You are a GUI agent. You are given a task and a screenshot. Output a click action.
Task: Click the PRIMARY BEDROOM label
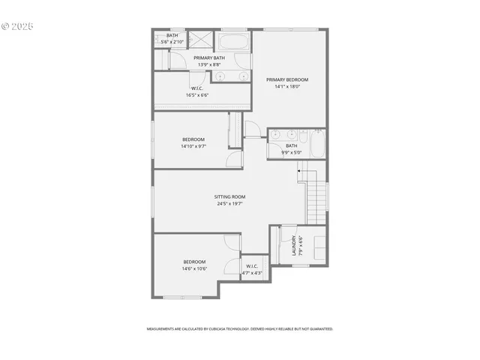(x=287, y=79)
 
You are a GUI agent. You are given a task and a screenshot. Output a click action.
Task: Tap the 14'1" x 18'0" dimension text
(x=287, y=87)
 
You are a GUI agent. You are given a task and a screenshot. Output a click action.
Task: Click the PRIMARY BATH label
(x=209, y=58)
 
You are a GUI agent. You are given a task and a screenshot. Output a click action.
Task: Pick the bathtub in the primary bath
(x=233, y=40)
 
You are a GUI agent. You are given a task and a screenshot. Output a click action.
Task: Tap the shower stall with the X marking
(x=200, y=39)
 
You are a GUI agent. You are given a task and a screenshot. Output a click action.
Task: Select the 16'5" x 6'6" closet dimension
(x=197, y=95)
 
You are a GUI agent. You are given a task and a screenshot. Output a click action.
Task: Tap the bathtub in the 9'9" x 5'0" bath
(x=318, y=144)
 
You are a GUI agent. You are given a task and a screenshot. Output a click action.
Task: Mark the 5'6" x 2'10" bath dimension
(x=172, y=42)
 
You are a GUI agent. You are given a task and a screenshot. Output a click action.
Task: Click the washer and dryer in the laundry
(x=319, y=247)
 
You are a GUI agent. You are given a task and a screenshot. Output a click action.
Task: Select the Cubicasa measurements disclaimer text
(x=239, y=328)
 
